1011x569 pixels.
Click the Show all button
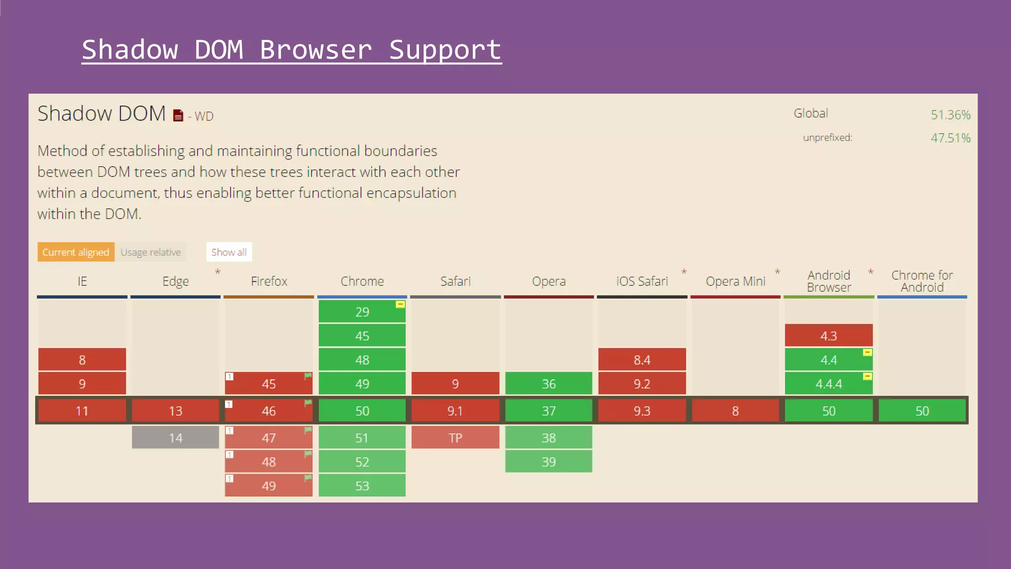[x=229, y=252]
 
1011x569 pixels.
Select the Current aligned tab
[x=76, y=252]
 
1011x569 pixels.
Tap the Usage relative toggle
[x=151, y=252]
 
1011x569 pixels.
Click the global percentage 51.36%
[x=950, y=115]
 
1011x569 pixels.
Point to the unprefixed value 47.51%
[x=950, y=138]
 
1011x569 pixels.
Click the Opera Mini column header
[x=735, y=282]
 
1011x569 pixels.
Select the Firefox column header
[x=269, y=282]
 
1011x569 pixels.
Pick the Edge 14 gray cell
[x=175, y=438]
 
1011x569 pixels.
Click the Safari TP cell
[x=455, y=438]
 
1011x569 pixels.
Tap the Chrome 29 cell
[x=362, y=312]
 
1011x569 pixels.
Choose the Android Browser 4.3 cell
[x=828, y=336]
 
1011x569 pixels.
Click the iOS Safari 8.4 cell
[x=642, y=360]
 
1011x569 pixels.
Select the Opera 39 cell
[x=548, y=462]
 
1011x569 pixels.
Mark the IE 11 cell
[x=82, y=411]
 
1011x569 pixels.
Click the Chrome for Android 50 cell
[x=922, y=411]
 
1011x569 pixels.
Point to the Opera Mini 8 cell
[x=735, y=411]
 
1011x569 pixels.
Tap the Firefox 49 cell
[x=269, y=486]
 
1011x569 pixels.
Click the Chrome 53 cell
[x=362, y=486]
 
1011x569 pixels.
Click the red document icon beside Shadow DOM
[x=178, y=116]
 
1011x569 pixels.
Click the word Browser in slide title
[x=315, y=50]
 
